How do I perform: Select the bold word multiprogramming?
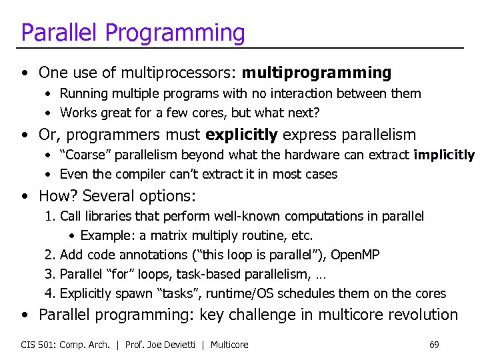317,72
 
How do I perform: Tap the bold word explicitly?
241,135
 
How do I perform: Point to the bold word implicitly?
443,155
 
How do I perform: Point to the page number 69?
434,345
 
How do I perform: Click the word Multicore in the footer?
229,345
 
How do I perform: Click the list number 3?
49,274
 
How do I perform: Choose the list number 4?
49,293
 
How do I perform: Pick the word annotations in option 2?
151,255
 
